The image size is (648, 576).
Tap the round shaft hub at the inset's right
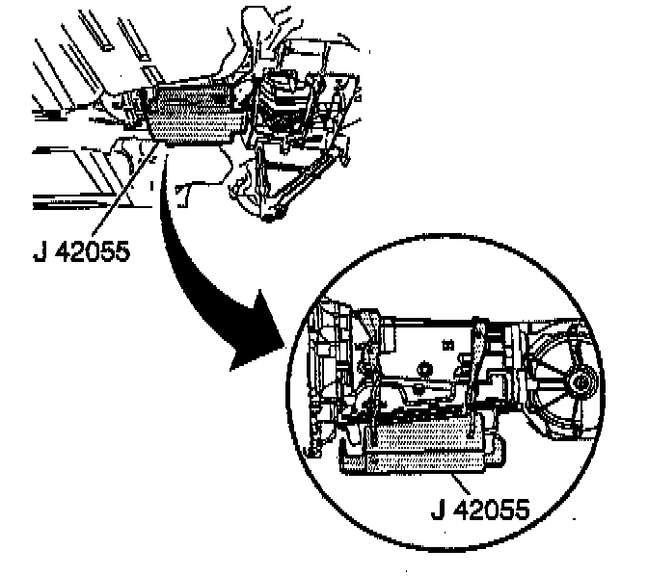tap(579, 384)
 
